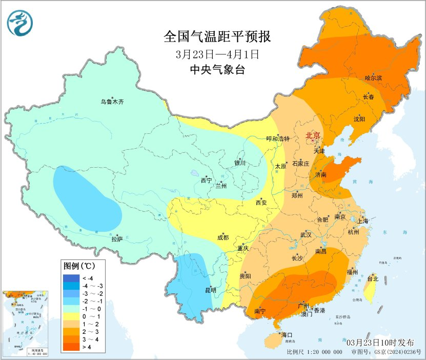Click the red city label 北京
(313, 135)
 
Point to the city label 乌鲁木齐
(112, 102)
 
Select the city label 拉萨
(117, 238)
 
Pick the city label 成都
(223, 237)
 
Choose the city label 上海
(362, 221)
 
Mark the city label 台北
(372, 279)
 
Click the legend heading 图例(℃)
(78, 266)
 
